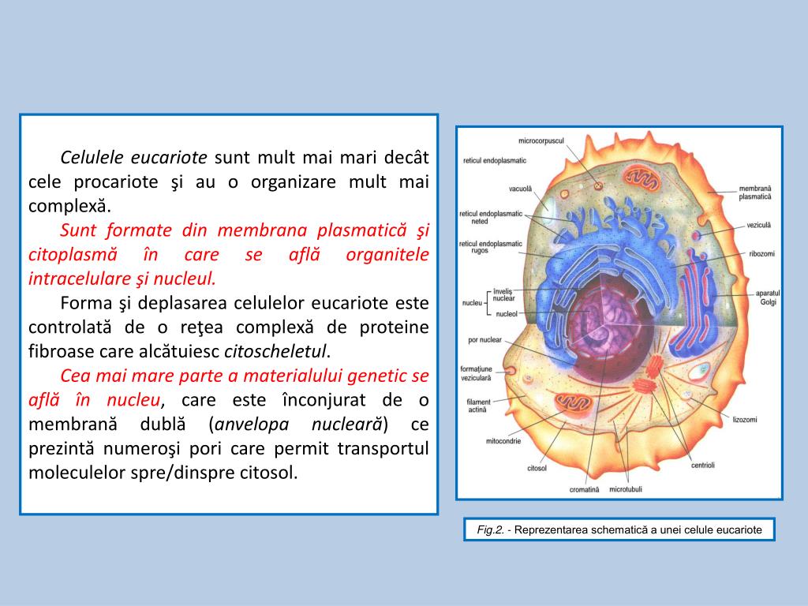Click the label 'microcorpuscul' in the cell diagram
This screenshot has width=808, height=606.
541,140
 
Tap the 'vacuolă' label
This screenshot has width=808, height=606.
521,189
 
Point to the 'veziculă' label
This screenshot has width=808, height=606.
758,225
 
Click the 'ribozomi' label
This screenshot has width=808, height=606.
762,254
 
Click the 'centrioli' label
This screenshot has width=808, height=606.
702,465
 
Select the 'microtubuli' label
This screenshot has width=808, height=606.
626,489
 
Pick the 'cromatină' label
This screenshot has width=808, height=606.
584,489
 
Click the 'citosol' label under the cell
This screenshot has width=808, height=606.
537,468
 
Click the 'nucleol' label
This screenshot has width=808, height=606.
506,313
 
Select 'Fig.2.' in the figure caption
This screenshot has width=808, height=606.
490,530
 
